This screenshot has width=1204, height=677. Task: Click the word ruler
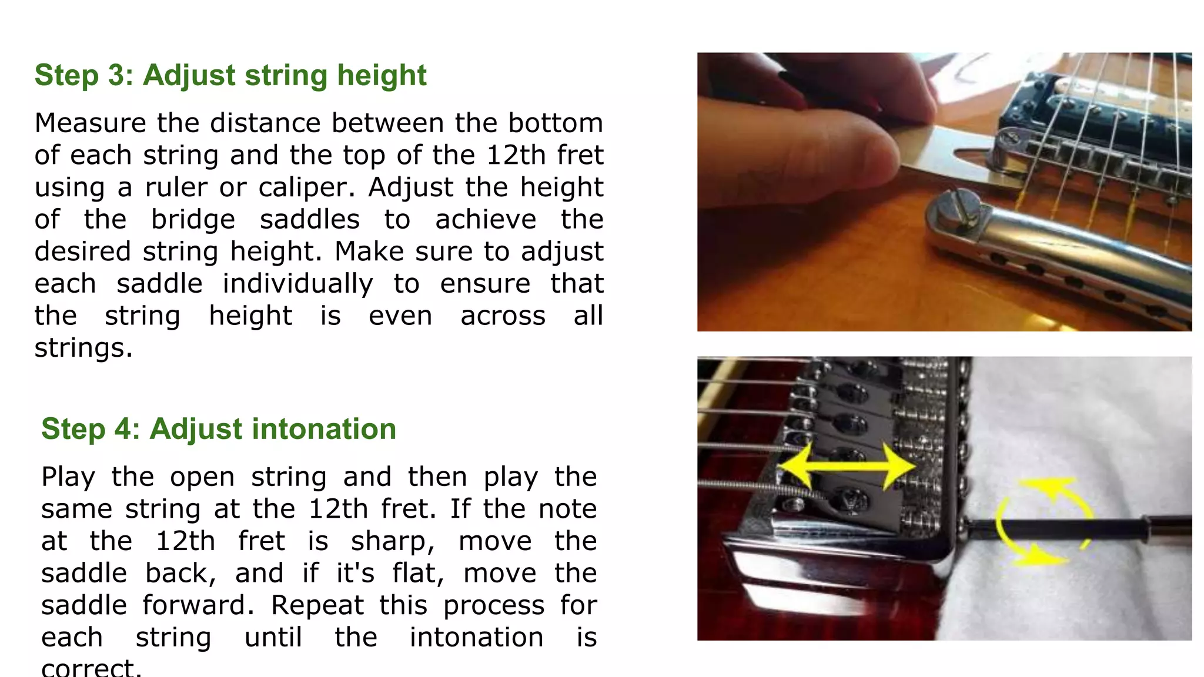click(176, 187)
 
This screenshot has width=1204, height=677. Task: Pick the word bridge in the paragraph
click(193, 220)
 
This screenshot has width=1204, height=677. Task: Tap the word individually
click(297, 284)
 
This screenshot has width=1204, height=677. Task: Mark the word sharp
click(393, 541)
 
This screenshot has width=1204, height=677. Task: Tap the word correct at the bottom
click(91, 668)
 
